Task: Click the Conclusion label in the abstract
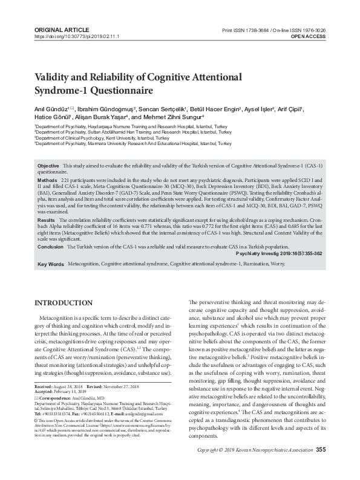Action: coord(50,247)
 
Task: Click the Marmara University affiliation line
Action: coord(133,144)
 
